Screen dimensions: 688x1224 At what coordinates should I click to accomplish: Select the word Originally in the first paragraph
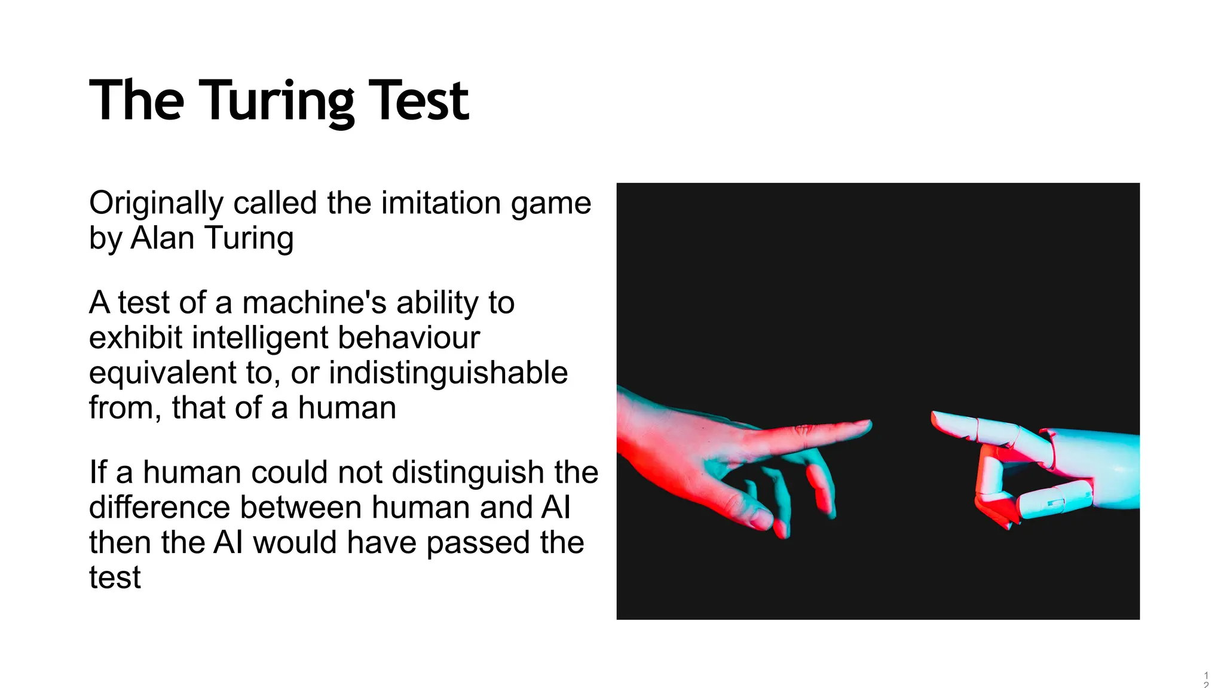(157, 203)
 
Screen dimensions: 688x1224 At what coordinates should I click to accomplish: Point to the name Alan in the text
(162, 238)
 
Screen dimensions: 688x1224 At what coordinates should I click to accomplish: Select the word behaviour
(409, 337)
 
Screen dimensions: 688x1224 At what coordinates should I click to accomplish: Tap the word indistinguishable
(448, 373)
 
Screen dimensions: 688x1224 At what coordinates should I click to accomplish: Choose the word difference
(160, 507)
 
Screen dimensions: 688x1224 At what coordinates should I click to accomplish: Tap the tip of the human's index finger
(867, 425)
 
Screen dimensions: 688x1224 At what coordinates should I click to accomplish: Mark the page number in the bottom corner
(1206, 680)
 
